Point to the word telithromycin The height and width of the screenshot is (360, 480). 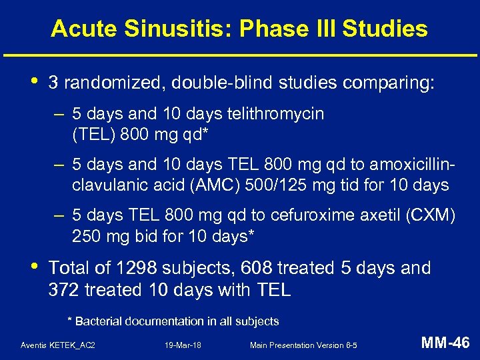(275, 114)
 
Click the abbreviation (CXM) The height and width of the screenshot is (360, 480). (433, 216)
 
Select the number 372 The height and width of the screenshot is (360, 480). (64, 290)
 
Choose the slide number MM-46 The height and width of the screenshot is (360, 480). (445, 343)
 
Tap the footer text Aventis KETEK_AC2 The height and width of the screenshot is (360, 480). (58, 345)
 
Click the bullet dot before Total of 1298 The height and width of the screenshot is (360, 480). (33, 265)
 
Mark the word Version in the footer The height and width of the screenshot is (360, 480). (332, 345)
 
